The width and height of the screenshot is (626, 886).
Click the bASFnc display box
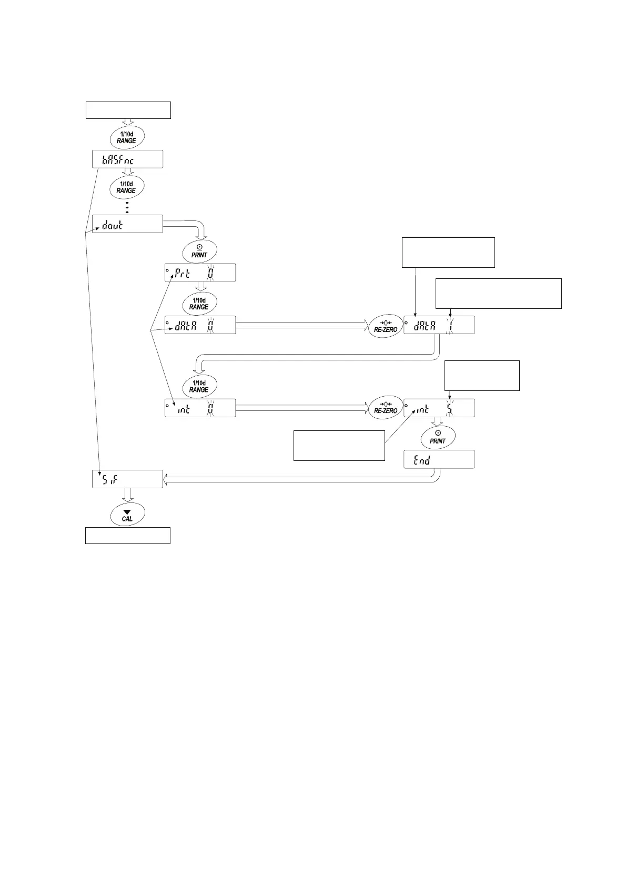[127, 159]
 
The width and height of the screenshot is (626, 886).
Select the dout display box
[127, 224]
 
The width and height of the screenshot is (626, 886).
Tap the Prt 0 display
[200, 273]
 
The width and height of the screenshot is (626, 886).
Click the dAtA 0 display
[200, 325]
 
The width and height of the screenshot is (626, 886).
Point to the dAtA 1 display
[439, 325]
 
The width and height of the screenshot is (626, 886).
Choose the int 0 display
[200, 408]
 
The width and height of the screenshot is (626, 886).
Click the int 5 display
[439, 408]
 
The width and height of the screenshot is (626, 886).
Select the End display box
[439, 459]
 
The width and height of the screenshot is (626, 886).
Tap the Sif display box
[127, 479]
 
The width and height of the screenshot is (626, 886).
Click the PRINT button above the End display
[438, 437]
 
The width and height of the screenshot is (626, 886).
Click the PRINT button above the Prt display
[199, 250]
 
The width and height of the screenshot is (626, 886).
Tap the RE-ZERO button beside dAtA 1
[386, 325]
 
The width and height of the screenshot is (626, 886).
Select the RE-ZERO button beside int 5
[386, 408]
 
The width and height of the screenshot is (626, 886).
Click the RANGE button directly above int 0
[199, 386]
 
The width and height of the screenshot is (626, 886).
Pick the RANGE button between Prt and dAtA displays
[199, 303]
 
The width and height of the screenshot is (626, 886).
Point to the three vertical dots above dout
[127, 207]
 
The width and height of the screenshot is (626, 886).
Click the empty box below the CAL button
[128, 535]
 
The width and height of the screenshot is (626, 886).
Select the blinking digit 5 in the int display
[450, 408]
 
